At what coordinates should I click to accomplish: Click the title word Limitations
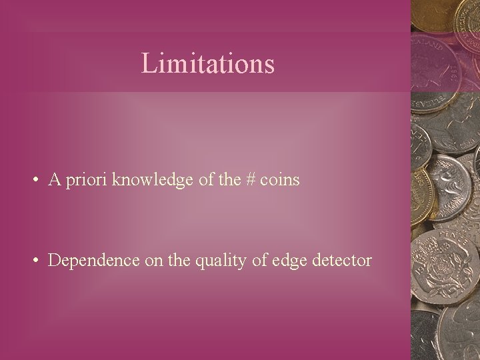[208, 64]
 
